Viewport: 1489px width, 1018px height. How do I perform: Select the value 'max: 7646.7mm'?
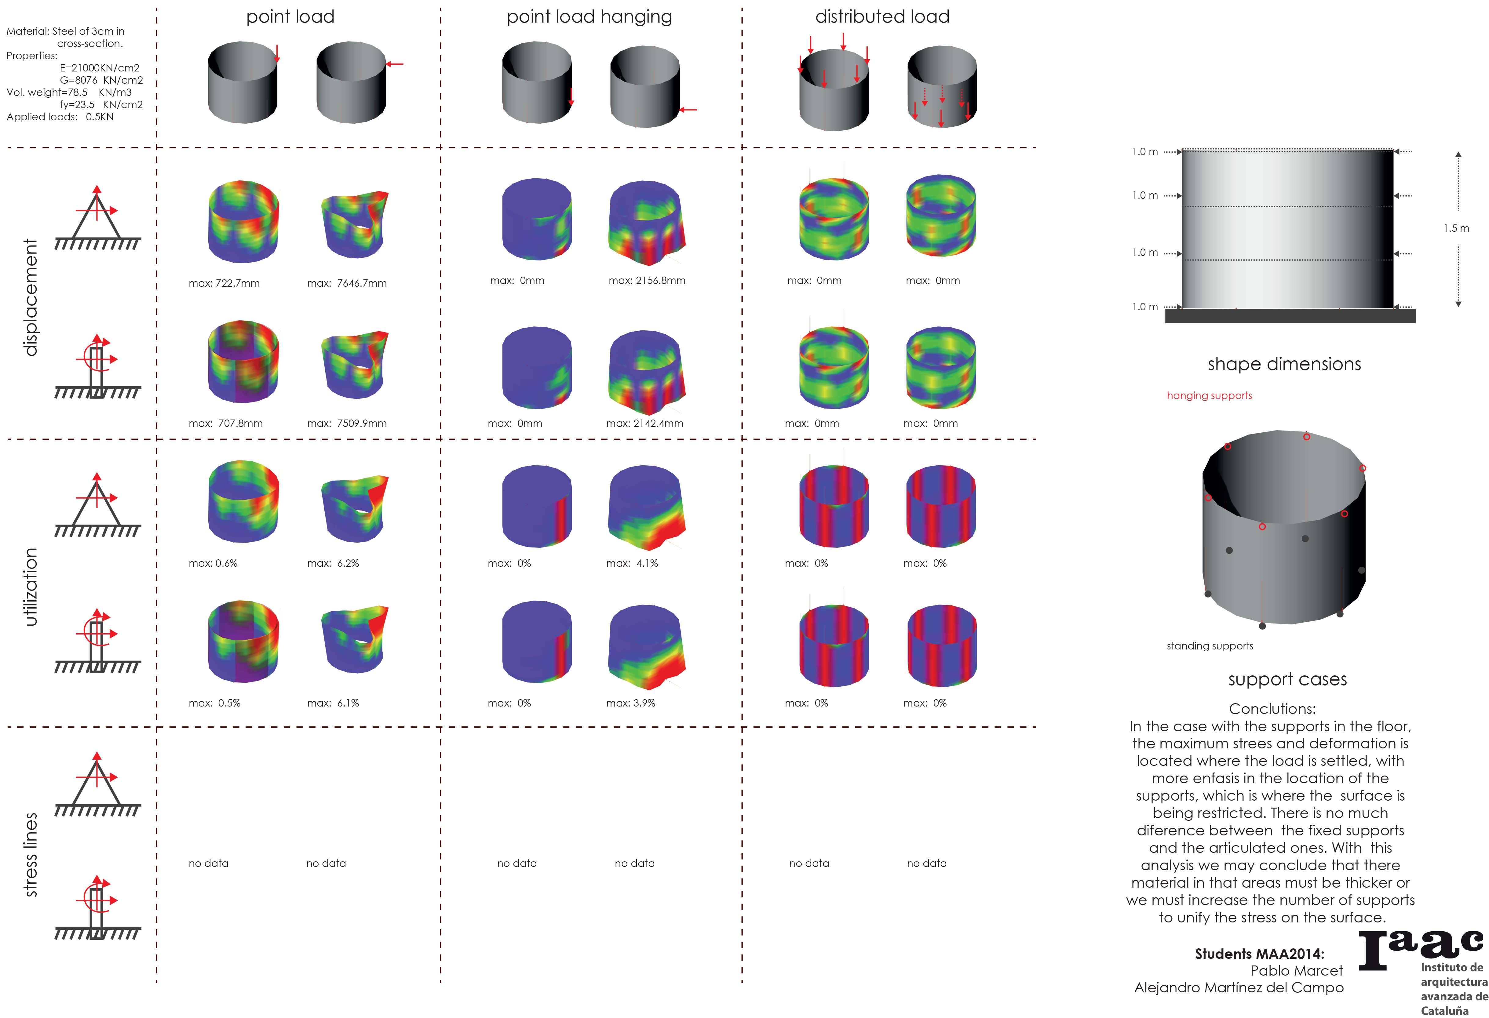tap(347, 283)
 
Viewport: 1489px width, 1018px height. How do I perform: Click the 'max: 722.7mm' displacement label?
tap(224, 283)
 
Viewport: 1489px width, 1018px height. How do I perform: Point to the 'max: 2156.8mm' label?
tap(647, 281)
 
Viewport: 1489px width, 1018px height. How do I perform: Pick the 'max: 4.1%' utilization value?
tap(632, 563)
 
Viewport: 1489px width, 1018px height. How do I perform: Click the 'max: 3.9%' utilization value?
tap(630, 703)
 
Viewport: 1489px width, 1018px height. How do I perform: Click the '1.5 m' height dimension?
tap(1456, 228)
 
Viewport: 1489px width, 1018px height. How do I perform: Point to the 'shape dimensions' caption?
tap(1284, 364)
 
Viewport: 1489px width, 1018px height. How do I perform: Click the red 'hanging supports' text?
tap(1209, 395)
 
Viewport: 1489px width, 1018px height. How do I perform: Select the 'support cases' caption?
tap(1287, 679)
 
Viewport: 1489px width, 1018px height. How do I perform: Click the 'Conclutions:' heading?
tap(1272, 709)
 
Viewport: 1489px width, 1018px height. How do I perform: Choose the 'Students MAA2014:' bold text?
tap(1259, 953)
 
